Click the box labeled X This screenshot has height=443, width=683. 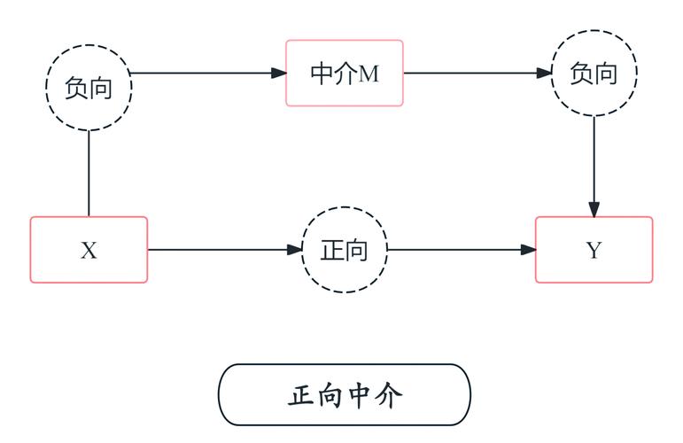[89, 250]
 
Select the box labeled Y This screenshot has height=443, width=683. [594, 250]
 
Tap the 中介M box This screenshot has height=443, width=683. [345, 73]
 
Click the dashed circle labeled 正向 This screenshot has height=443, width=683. [345, 250]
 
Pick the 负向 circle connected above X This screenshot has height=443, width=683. [89, 87]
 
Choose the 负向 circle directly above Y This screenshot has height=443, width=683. [594, 73]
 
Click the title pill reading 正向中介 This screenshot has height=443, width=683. [345, 394]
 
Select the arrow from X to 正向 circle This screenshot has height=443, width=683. [221, 250]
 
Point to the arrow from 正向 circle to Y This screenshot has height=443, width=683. [461, 250]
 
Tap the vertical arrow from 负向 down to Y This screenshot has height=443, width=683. [594, 164]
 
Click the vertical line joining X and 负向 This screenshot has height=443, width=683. [89, 173]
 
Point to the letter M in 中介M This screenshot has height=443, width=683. [369, 74]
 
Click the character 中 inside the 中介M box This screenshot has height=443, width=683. [322, 73]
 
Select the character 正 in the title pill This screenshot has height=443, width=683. [301, 395]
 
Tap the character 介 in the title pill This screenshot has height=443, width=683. [388, 395]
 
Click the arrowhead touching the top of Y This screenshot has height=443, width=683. [594, 209]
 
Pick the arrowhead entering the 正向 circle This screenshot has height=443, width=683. [295, 250]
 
